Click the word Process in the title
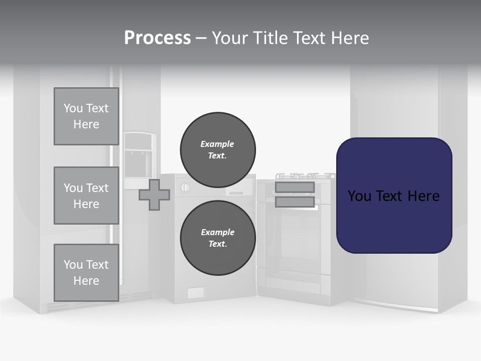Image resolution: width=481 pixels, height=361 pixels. (x=157, y=38)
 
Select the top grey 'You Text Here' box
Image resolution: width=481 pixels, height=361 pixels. (x=86, y=116)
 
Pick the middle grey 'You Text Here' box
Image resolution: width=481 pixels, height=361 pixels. (x=86, y=196)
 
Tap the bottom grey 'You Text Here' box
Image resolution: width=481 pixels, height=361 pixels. (x=86, y=272)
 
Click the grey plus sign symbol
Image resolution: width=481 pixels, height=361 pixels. (x=154, y=195)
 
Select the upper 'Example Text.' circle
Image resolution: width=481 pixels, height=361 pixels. (x=217, y=149)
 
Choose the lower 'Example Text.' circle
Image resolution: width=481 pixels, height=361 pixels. (x=217, y=238)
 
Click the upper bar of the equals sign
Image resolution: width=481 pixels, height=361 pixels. (x=295, y=188)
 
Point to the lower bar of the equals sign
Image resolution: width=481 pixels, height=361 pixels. (x=295, y=202)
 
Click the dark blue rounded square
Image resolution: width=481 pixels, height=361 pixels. (x=394, y=196)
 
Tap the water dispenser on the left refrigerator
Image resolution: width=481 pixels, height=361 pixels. (x=139, y=155)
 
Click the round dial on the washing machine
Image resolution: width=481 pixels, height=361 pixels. (x=184, y=188)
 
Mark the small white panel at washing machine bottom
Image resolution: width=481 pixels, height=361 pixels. (x=195, y=293)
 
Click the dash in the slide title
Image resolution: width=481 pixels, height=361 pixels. (x=201, y=39)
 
